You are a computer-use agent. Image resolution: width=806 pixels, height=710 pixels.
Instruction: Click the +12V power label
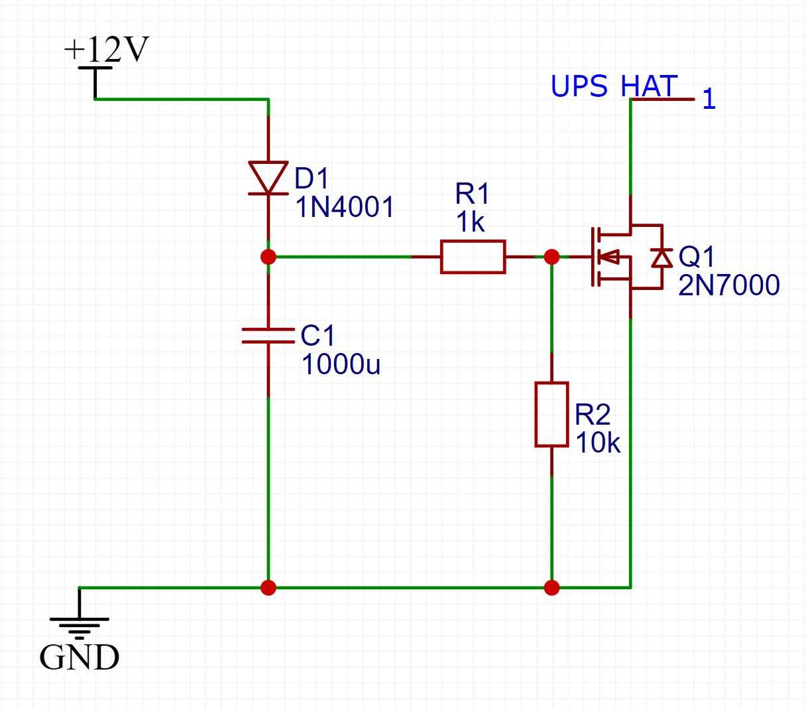tap(107, 49)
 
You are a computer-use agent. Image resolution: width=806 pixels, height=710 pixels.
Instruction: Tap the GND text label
tap(79, 658)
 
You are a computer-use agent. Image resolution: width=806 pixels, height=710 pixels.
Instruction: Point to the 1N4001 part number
tap(345, 207)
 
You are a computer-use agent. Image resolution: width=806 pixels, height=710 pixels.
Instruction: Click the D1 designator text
tap(312, 178)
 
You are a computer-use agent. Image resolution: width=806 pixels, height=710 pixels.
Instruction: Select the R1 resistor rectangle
tap(473, 257)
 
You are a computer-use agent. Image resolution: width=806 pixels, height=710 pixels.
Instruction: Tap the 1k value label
tap(470, 222)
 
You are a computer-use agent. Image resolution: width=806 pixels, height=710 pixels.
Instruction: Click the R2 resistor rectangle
tap(551, 414)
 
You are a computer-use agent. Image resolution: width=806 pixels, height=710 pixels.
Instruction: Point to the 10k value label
tap(597, 443)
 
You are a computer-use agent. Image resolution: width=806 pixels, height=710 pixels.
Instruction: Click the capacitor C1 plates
tap(268, 336)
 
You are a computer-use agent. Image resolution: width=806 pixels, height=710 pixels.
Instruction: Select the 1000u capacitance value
tap(341, 364)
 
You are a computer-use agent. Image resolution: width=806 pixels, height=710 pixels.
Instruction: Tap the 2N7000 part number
tap(729, 285)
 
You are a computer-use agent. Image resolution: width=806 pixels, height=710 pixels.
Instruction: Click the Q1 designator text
tap(697, 256)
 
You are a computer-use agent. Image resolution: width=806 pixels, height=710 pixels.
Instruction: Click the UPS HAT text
tap(614, 86)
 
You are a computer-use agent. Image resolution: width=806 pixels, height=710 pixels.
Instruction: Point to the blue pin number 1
tap(709, 99)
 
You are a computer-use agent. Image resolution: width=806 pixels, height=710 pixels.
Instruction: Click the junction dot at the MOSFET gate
tap(551, 257)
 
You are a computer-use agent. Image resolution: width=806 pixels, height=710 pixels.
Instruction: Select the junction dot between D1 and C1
tap(268, 257)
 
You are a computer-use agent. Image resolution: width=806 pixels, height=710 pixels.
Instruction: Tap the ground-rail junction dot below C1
tap(268, 587)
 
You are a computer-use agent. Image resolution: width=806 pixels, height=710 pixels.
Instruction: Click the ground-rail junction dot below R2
tap(551, 587)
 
